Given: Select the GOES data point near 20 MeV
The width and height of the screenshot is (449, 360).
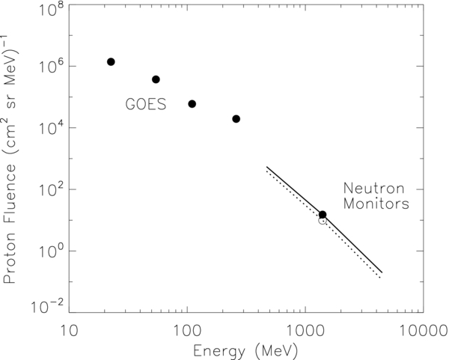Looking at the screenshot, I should click(111, 61).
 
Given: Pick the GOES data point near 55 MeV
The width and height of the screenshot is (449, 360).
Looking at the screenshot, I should click(156, 79).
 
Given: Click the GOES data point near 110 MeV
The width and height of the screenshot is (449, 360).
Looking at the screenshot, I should click(192, 104).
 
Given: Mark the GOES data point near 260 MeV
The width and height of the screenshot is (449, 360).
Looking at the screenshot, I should click(236, 119).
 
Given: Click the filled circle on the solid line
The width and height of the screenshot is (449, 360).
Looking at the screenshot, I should click(323, 215).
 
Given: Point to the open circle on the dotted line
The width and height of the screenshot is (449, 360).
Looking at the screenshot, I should click(323, 221).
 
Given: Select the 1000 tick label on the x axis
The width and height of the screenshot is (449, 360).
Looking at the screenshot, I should click(305, 329).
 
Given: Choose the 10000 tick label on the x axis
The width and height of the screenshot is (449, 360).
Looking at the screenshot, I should click(422, 329).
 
